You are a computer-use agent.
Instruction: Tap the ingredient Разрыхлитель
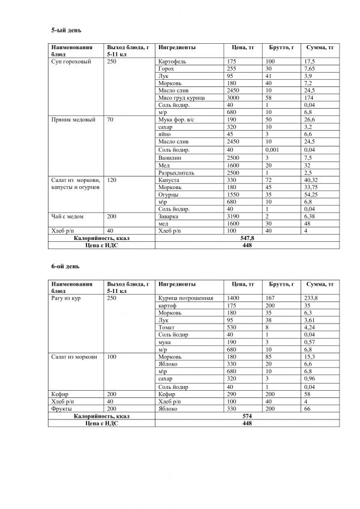coord(176,172)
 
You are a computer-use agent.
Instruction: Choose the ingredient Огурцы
coord(169,193)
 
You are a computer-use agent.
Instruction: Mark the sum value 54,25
coord(311,193)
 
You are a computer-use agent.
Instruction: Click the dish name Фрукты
coord(61,408)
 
